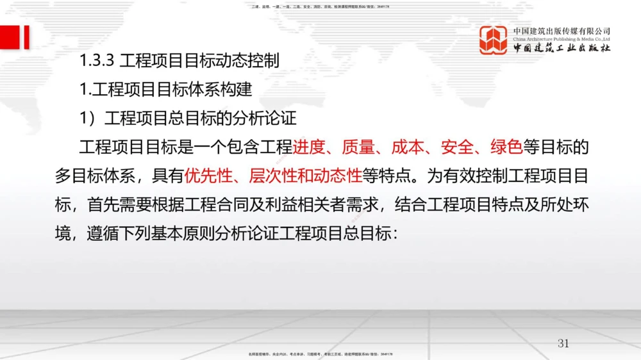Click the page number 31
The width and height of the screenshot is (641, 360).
coord(563,343)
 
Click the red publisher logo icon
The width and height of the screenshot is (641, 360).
coord(494,40)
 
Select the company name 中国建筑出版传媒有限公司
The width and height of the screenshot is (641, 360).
coord(562,31)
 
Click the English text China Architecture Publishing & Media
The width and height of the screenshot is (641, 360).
coord(562,39)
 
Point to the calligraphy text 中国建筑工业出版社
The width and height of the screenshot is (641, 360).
coord(562,49)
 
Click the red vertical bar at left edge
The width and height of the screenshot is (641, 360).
coord(26,37)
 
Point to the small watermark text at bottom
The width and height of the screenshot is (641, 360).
coord(320,354)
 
